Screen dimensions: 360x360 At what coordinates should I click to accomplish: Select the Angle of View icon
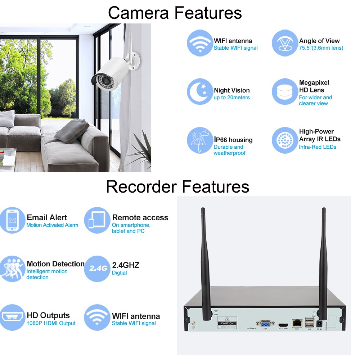pos(285,43)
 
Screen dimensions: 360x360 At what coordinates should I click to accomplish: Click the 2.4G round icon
pos(97,268)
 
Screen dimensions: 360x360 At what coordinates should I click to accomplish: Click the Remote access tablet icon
pos(97,220)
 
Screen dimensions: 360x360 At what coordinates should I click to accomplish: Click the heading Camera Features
pos(175,13)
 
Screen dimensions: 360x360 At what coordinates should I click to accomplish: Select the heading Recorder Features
pos(177,187)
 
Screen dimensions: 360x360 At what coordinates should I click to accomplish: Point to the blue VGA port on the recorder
pos(265,323)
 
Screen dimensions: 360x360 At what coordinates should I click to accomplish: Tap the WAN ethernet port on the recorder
pos(297,323)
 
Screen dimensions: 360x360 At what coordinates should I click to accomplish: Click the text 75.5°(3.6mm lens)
pos(321,48)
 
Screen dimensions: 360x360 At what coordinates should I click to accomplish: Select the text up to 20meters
pos(231,98)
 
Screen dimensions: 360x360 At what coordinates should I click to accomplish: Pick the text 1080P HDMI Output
pos(51,323)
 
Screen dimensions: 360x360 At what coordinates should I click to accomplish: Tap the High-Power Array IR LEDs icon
pos(285,140)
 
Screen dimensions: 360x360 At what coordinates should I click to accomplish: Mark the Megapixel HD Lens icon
pos(285,91)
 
